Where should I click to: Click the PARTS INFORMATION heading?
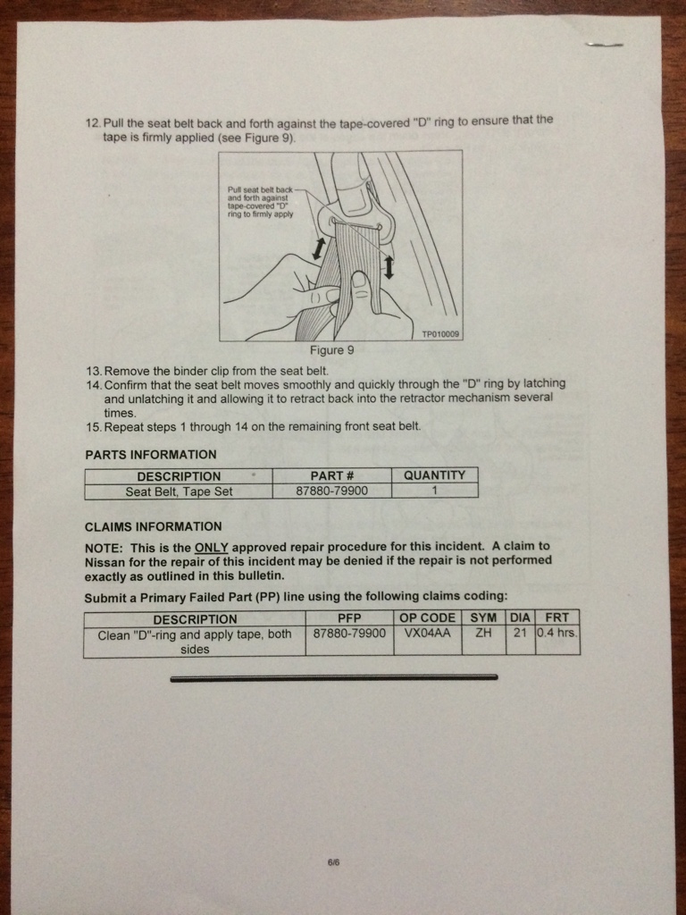(x=150, y=455)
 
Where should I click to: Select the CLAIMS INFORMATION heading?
(x=153, y=526)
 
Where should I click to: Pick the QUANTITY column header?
(x=434, y=475)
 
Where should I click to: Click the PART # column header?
(x=331, y=476)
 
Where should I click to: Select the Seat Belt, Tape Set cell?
(x=179, y=491)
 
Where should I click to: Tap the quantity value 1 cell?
(x=434, y=491)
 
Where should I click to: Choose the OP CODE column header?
(x=427, y=617)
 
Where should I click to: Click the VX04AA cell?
(x=427, y=633)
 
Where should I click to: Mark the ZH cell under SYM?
(x=483, y=633)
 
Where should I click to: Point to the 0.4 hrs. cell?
(x=557, y=633)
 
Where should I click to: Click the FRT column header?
(x=557, y=617)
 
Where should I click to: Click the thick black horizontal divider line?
(x=334, y=678)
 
